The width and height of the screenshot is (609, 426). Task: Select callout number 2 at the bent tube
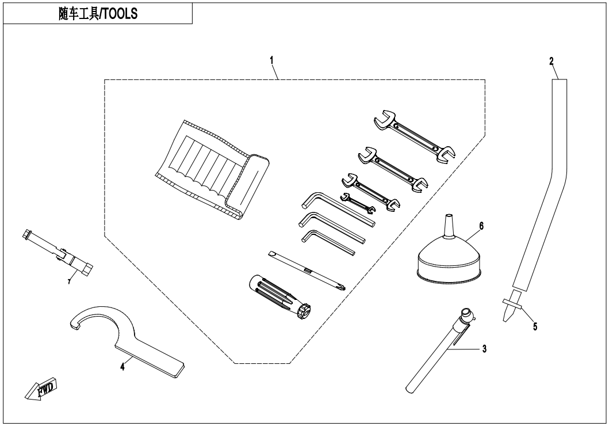[551, 60]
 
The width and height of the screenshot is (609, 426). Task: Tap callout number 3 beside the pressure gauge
[484, 349]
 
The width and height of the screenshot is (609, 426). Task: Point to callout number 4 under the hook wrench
[122, 366]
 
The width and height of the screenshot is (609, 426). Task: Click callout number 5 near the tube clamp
[535, 326]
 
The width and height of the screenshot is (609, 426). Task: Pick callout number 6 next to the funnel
[481, 225]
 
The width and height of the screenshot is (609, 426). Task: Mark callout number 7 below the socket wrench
[70, 280]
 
